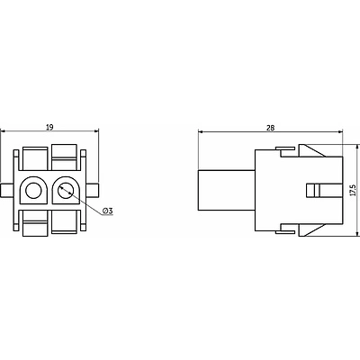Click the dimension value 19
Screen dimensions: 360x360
[49, 127]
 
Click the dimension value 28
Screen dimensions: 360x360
[270, 128]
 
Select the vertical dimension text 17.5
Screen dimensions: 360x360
[353, 190]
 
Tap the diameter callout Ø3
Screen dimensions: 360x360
[107, 211]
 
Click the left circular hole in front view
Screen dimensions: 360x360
[32, 191]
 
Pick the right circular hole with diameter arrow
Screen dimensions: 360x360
[65, 191]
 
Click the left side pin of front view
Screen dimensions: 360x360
[6, 191]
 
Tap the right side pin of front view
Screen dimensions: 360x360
[93, 191]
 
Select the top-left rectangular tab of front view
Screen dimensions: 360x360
[35, 158]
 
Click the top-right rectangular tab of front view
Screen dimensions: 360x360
[64, 157]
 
